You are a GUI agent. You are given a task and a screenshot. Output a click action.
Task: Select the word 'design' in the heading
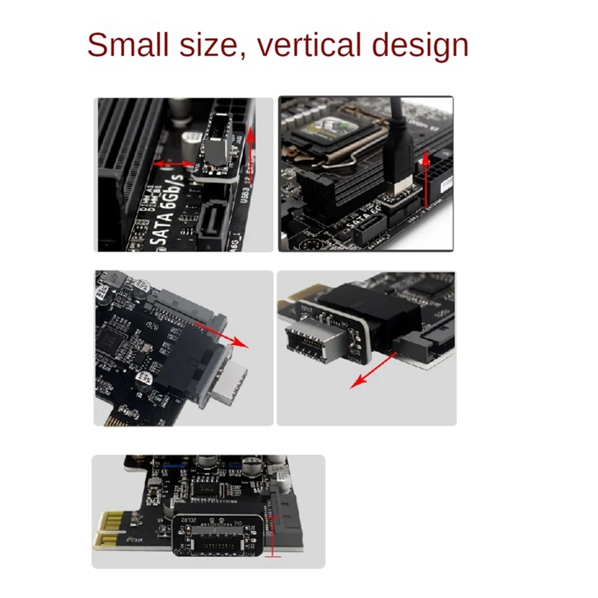[421, 45]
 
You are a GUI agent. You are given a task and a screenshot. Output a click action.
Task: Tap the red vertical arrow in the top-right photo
[426, 179]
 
